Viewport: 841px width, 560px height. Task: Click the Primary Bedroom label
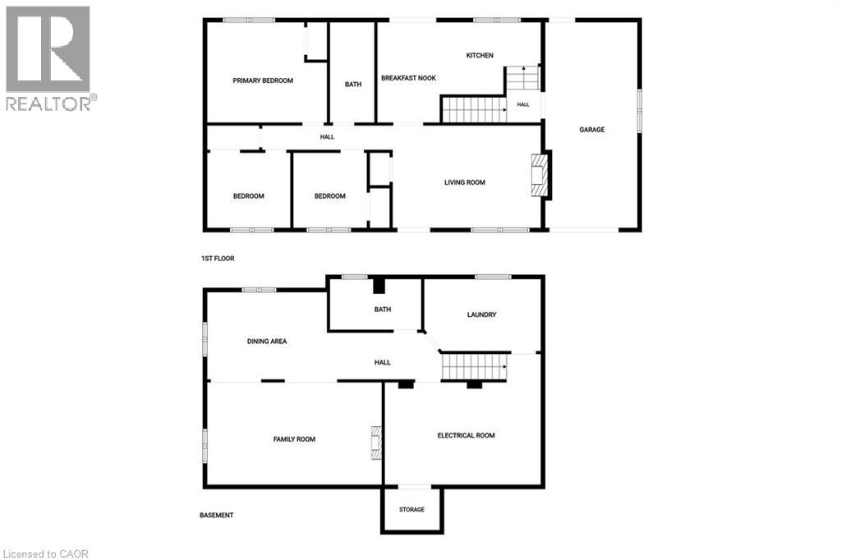[263, 80]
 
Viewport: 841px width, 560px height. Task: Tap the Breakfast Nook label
[409, 78]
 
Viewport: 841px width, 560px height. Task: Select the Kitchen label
[480, 55]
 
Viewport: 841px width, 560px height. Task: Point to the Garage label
[591, 129]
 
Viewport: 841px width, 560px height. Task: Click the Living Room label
[465, 182]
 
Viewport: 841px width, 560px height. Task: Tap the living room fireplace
[540, 176]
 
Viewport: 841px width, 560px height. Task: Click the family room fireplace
[376, 443]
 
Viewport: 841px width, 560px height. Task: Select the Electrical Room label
[466, 435]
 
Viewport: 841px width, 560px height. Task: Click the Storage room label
[412, 510]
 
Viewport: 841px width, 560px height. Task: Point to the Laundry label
[481, 314]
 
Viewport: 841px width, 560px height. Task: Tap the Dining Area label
[267, 341]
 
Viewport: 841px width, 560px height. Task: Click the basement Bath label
[383, 310]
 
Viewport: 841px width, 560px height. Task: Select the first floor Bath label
[353, 85]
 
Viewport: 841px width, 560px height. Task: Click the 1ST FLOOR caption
[218, 259]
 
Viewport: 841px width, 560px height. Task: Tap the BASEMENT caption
[217, 516]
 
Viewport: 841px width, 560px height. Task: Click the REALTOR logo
[50, 58]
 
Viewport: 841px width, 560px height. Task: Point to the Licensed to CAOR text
[46, 554]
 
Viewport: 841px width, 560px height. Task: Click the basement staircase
[474, 366]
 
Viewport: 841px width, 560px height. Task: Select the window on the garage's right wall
[639, 111]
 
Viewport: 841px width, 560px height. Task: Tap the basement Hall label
[383, 363]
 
